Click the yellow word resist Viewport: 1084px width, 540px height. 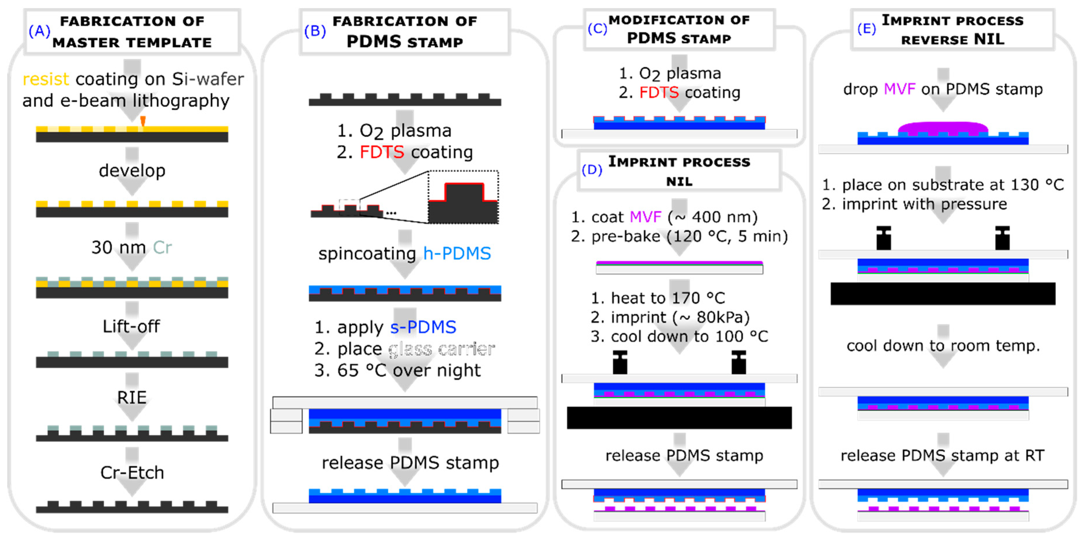click(46, 79)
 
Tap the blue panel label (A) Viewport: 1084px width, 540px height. click(39, 31)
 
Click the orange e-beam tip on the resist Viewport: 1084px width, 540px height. click(143, 121)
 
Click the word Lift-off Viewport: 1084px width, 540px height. click(131, 326)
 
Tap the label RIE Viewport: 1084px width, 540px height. click(132, 398)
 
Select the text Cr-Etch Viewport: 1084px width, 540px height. click(132, 473)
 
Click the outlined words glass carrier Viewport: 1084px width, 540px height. click(441, 349)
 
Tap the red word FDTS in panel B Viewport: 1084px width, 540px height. click(381, 152)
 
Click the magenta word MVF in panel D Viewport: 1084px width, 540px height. click(645, 217)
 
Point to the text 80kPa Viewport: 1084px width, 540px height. click(723, 317)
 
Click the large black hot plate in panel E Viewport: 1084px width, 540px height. click(943, 294)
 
